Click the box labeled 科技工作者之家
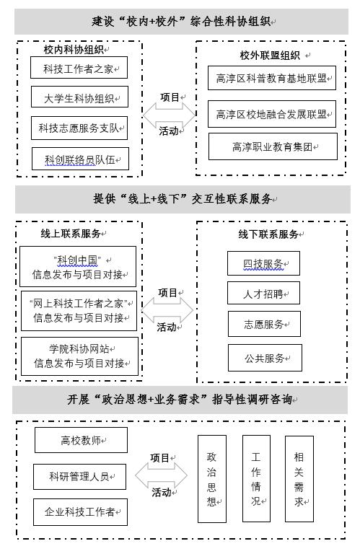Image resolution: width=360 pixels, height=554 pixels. [x=79, y=68]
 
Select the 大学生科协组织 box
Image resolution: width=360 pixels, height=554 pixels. [x=79, y=97]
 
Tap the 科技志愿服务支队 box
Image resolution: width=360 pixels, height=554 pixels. [x=79, y=128]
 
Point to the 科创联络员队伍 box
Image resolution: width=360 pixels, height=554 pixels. [x=80, y=159]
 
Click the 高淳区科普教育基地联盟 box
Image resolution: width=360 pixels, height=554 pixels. [x=272, y=78]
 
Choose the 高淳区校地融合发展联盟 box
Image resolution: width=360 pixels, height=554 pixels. [x=272, y=114]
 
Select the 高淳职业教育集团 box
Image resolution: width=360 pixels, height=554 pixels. [x=273, y=146]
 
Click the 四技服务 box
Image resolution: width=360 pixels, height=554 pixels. [x=263, y=263]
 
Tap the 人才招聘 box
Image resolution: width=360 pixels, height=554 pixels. [x=263, y=293]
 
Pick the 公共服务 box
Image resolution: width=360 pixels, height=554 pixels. [x=265, y=358]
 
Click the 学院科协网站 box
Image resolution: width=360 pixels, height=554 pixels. [x=79, y=356]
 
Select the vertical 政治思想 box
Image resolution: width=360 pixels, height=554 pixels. [x=212, y=479]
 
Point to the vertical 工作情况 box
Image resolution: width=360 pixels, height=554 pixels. [x=256, y=478]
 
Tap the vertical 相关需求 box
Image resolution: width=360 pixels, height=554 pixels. [x=299, y=479]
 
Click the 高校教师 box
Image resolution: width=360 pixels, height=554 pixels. [x=81, y=440]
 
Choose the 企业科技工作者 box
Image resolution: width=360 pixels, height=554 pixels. [x=80, y=512]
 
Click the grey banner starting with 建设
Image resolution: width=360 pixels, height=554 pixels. [x=181, y=22]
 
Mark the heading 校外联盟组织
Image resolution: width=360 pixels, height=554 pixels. [x=270, y=55]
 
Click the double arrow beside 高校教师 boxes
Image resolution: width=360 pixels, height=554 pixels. [x=162, y=475]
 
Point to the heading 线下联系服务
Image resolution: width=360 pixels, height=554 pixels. [x=268, y=234]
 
